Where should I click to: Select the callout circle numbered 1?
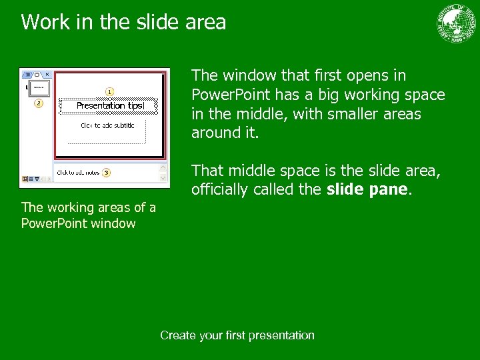click(109, 91)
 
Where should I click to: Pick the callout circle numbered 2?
click(38, 103)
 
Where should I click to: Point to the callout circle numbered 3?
click(106, 173)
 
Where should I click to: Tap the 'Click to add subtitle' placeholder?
click(107, 125)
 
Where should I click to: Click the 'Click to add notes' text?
click(78, 173)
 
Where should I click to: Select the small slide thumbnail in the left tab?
click(39, 88)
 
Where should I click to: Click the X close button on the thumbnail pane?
click(47, 74)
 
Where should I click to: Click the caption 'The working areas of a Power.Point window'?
click(89, 215)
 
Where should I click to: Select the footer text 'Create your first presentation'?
click(237, 335)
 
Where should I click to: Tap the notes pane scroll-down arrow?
click(163, 178)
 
